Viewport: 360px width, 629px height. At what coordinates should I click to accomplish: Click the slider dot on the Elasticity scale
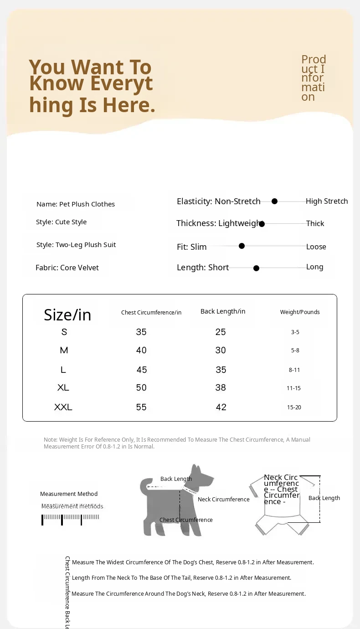click(274, 201)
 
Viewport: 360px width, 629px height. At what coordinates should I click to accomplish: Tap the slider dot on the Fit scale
click(242, 246)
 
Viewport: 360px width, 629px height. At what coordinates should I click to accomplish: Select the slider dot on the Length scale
click(256, 268)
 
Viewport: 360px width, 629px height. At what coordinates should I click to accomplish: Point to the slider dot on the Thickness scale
click(262, 223)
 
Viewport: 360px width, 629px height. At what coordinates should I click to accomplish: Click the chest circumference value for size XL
click(141, 388)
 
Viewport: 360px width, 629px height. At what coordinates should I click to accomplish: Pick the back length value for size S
click(221, 332)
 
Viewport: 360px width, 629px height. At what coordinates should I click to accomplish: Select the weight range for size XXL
click(294, 407)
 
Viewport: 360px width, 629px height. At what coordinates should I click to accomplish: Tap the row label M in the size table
click(64, 351)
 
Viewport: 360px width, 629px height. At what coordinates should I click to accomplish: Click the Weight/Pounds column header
click(300, 312)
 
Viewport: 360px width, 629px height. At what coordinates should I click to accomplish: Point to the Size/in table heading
click(67, 315)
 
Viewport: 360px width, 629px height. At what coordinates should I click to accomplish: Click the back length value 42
click(221, 407)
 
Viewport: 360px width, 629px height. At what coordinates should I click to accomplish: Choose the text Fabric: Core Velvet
click(67, 268)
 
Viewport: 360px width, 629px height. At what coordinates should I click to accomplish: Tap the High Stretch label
click(327, 201)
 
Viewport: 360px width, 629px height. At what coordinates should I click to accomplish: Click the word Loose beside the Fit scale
click(316, 247)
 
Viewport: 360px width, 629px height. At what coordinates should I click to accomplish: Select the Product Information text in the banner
click(313, 78)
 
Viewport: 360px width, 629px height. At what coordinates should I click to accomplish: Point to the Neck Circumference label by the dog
click(224, 499)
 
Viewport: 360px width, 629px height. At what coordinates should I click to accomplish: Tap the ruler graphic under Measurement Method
click(71, 518)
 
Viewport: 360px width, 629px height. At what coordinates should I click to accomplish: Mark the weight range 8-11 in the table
click(294, 370)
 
